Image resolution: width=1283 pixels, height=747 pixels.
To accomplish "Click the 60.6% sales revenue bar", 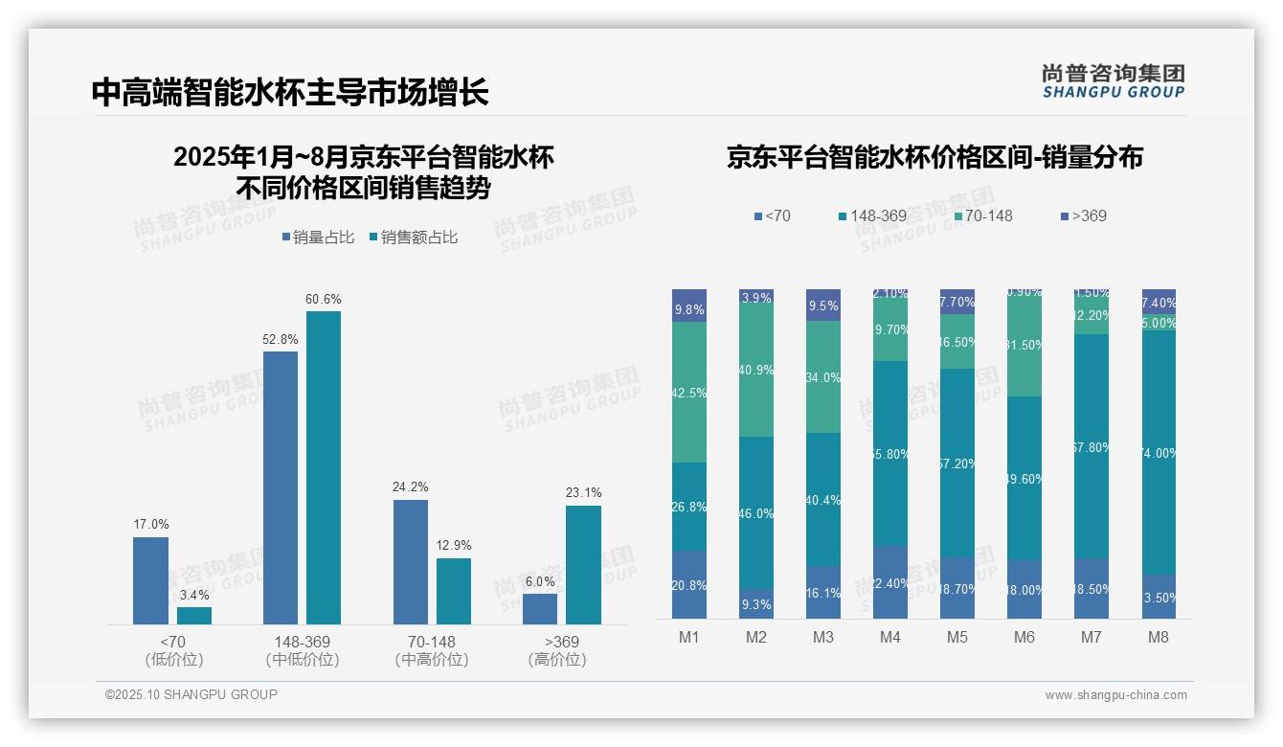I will pos(324,467).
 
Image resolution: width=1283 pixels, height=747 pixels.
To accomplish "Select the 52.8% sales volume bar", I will pos(281,487).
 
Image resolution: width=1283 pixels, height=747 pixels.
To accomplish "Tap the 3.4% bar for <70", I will pos(194,615).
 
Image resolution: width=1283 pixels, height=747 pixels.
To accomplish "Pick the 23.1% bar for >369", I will pos(583,564).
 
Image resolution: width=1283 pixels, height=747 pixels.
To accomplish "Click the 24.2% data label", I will pos(410,487).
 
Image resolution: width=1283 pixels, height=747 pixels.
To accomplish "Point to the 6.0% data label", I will pos(540,581).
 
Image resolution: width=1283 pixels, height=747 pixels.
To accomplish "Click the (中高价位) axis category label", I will pos(431,660).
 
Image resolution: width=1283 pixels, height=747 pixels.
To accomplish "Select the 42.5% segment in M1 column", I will pos(689,392).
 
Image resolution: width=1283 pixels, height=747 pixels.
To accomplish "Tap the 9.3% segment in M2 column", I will pos(756,603).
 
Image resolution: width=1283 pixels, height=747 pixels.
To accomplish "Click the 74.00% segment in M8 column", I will pos(1159,453).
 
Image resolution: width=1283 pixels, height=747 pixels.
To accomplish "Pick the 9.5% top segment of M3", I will pos(823,305).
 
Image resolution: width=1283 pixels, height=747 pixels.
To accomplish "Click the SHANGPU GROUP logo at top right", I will pos(1113,80).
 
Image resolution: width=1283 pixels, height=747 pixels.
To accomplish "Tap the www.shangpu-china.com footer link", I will pos(1115,695).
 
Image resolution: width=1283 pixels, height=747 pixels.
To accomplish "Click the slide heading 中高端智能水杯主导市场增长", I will pos(290,92).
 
